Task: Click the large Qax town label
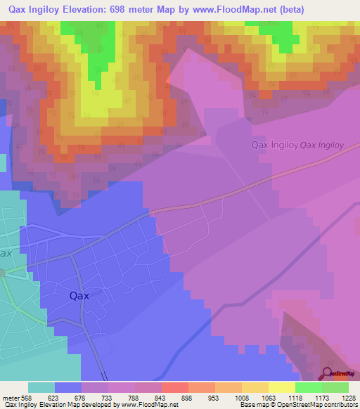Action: point(79,296)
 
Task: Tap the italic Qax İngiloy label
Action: point(321,146)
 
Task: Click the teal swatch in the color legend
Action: point(41,387)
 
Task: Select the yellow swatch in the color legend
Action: point(281,387)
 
